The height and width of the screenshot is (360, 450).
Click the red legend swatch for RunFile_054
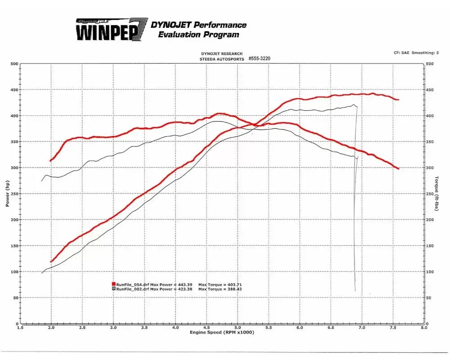click(x=114, y=284)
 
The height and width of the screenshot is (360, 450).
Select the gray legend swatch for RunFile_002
click(x=114, y=289)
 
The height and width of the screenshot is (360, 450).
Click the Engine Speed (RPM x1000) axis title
click(x=222, y=332)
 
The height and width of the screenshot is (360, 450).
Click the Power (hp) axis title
click(x=8, y=193)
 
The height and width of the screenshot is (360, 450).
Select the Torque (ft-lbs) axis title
click(x=436, y=193)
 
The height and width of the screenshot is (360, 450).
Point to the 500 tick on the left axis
click(x=14, y=64)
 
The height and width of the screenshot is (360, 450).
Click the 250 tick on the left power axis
click(x=14, y=194)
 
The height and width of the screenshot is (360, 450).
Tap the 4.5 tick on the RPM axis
click(x=207, y=328)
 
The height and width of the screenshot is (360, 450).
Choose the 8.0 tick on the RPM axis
click(x=423, y=328)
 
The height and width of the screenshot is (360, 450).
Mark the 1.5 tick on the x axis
click(x=20, y=328)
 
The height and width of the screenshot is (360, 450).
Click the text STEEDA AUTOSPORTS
click(x=222, y=59)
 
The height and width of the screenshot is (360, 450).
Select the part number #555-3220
click(x=259, y=58)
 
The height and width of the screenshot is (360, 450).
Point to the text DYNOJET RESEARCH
click(x=222, y=54)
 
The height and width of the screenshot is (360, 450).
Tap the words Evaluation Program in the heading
click(x=198, y=35)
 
